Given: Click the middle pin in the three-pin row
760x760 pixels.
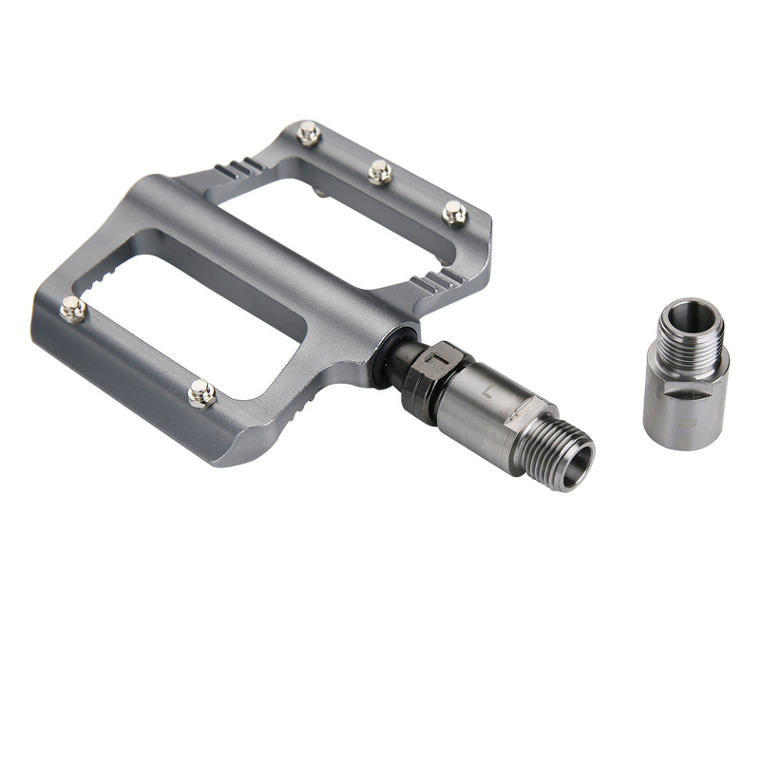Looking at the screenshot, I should pos(380,172).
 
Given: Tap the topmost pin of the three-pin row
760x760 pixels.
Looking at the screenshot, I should pos(308,133).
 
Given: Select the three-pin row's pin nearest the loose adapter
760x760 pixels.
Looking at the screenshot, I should pos(454,213).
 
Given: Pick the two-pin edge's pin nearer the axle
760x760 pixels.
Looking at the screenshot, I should pos(200,391).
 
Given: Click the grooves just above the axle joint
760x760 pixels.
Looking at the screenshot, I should pos(439,281).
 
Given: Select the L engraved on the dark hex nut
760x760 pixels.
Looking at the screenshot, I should pos(438,359).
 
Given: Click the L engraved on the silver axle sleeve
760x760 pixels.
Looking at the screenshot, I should pos(486,389).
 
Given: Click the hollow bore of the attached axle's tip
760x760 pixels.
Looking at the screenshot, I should pos(577,466).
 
